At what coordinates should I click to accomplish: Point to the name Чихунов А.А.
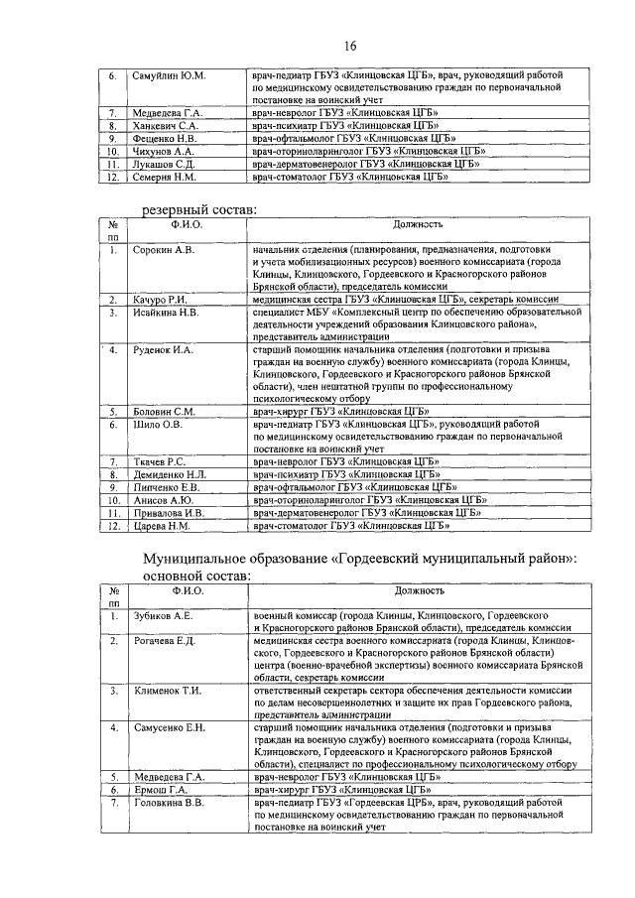coord(166,151)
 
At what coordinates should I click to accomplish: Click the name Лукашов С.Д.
coord(167,164)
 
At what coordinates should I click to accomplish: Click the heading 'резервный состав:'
coord(199,209)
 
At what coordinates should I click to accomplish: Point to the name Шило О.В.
coord(155,424)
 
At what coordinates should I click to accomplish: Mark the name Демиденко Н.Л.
coord(170,475)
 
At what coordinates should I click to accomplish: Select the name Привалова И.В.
coord(170,513)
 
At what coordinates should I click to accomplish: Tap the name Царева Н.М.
coord(161,526)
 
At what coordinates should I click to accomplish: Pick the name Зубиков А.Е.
coord(163,616)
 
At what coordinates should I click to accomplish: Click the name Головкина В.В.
coord(169,802)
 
